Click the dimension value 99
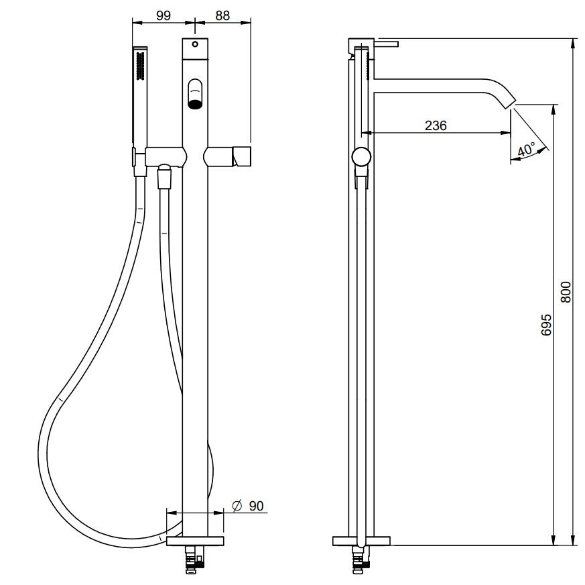pos(163,15)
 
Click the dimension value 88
pos(222,15)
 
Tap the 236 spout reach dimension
pos(436,125)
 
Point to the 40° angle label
pos(527,150)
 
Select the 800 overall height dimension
pos(566,292)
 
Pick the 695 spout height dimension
pos(546,325)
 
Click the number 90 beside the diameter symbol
pos(256,506)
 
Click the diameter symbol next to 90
pos(237,505)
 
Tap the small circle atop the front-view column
pos(195,44)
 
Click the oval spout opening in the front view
pos(195,94)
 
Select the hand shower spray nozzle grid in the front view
pos(140,66)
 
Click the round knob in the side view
pos(361,156)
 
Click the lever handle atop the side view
pos(386,44)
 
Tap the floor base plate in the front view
pos(195,541)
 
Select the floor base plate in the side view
pos(361,541)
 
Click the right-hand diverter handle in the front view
pos(242,157)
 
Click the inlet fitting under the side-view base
pos(361,559)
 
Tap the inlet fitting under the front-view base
pos(195,559)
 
